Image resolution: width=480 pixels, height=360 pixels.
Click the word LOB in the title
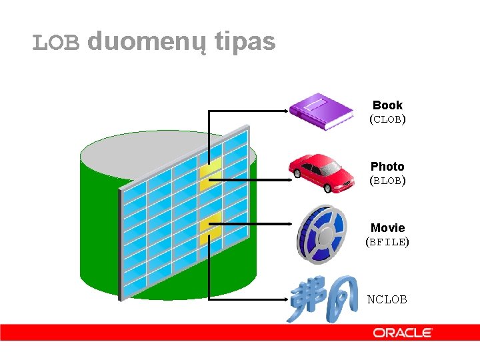point(57,43)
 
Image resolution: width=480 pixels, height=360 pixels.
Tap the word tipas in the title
point(245,43)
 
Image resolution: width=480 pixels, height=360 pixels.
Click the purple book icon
point(321,111)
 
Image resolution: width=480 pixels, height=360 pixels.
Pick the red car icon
point(322,173)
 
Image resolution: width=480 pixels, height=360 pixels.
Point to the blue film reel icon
point(322,234)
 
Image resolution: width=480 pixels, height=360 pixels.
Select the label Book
point(387,105)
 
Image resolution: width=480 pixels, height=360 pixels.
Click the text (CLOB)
point(387,120)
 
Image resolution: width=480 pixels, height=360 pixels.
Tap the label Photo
point(387,166)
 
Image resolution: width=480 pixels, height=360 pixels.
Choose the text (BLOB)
point(387,181)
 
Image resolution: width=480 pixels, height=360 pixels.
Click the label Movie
point(387,228)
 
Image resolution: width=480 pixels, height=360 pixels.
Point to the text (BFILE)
point(387,242)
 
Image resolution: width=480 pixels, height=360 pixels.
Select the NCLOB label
point(387,299)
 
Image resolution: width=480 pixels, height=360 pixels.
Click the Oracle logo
point(403,332)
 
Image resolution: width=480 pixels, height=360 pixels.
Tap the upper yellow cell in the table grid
point(210,170)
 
